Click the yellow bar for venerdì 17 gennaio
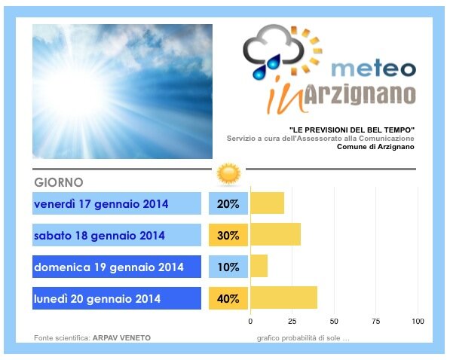coord(268,203)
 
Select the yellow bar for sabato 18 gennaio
coord(276,235)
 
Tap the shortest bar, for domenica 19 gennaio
coord(259,266)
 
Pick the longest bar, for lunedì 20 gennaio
coord(284,297)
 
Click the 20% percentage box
coord(228,203)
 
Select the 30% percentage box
coord(228,235)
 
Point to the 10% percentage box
coord(228,267)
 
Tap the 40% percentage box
coord(228,298)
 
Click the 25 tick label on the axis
coord(292,321)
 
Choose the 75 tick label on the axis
coord(375,321)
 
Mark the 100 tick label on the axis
coord(418,321)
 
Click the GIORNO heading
coord(59,182)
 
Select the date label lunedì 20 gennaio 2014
coord(97,298)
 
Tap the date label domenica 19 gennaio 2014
coord(109,267)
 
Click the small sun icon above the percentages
coord(228,174)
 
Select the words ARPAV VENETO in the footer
coord(121,338)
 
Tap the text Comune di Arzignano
coord(375,147)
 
